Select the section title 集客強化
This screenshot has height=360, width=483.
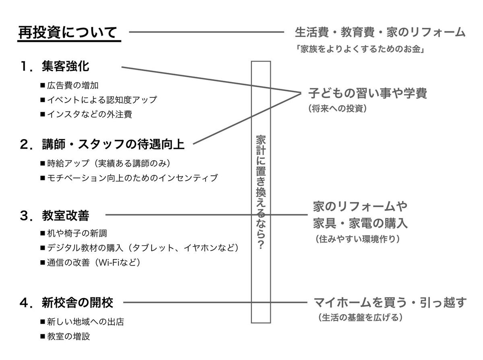tap(65, 67)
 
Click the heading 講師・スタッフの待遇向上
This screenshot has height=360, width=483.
tap(113, 144)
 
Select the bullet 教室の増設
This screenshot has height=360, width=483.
tap(68, 336)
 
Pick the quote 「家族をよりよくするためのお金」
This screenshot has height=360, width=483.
tap(360, 49)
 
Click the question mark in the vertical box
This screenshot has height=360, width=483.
tap(260, 245)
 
